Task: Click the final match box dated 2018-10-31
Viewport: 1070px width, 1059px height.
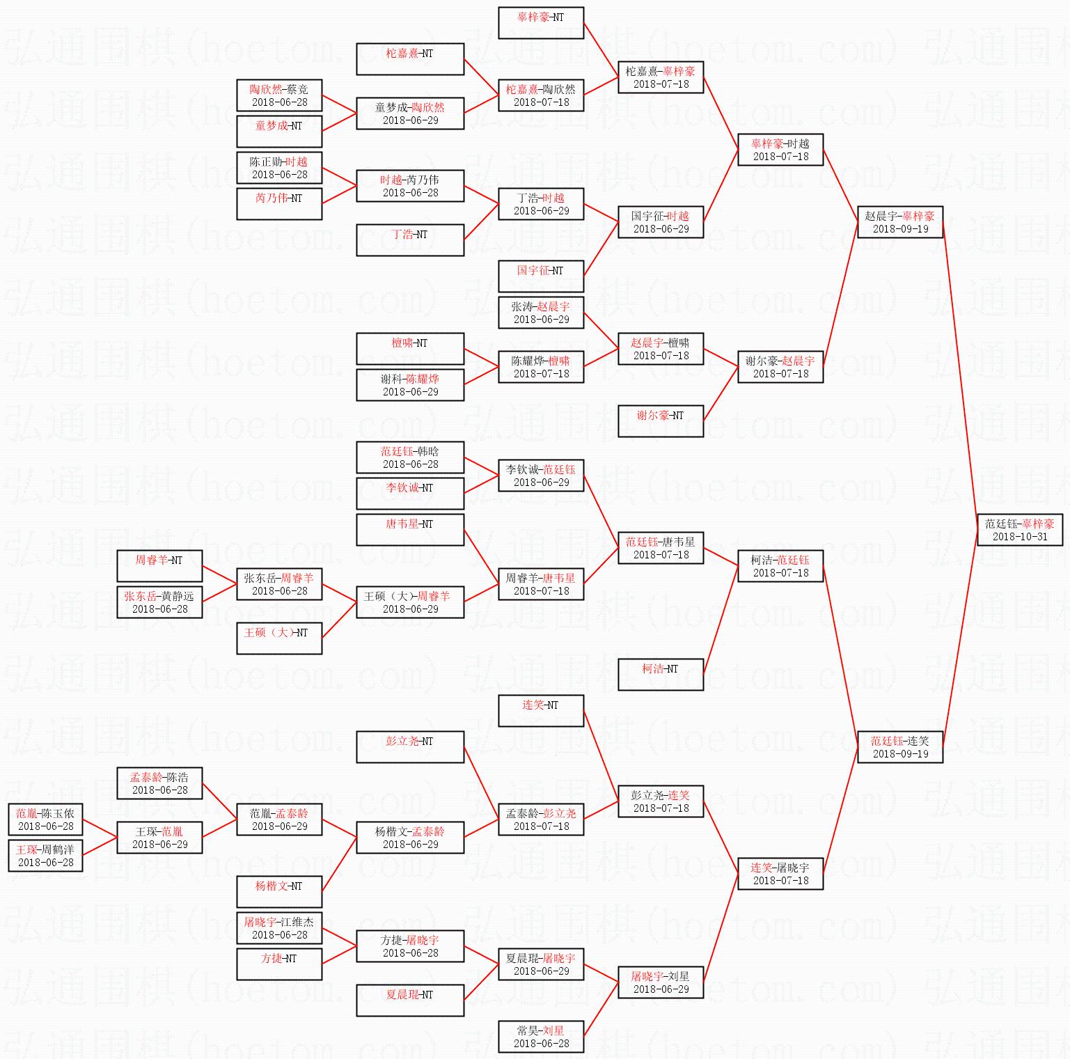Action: (1019, 530)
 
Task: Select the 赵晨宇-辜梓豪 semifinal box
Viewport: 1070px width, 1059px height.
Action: (899, 222)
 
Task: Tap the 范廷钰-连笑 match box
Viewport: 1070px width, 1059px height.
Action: (899, 747)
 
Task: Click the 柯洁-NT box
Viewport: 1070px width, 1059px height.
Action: (660, 675)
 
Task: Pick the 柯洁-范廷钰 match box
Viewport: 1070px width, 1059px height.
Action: (780, 566)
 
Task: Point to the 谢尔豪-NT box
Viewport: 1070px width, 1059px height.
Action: (660, 421)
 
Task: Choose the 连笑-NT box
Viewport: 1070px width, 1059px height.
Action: (540, 711)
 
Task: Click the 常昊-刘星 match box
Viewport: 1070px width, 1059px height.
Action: (540, 1037)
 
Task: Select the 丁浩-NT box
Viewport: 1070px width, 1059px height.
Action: (409, 240)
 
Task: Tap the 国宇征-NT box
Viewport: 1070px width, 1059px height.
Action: (540, 276)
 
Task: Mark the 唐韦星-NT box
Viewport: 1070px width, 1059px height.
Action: (409, 530)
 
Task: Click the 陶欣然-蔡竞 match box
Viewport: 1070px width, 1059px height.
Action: (278, 95)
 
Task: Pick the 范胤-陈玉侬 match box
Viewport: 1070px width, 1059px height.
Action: (45, 819)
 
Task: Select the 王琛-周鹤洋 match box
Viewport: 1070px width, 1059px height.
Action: (45, 856)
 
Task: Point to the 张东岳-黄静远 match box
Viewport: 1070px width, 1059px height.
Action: (159, 602)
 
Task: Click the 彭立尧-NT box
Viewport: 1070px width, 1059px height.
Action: (409, 747)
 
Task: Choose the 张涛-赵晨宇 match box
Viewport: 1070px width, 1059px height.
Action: (540, 313)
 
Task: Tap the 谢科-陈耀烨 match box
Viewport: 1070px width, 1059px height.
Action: (409, 385)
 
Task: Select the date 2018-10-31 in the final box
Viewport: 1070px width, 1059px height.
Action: (1019, 537)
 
